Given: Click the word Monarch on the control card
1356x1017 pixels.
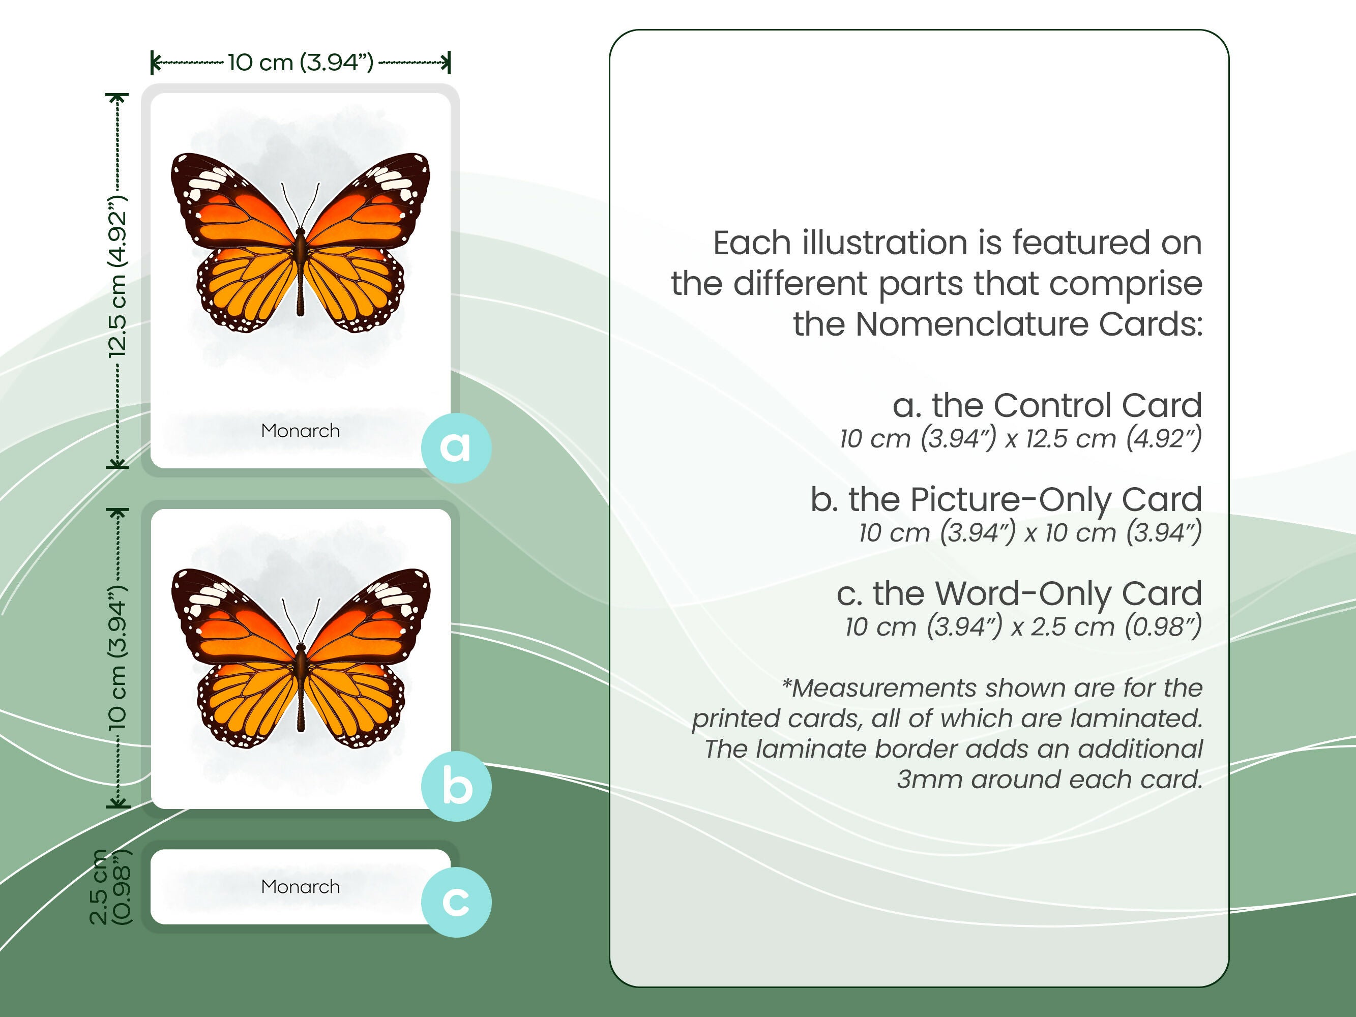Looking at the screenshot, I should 301,431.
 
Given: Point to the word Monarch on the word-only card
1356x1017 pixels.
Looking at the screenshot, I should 301,886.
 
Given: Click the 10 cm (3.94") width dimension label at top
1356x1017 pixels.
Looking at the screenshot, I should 301,62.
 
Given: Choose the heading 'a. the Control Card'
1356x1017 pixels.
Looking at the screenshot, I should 1046,405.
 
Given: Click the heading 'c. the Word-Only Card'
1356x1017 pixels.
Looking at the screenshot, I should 1019,593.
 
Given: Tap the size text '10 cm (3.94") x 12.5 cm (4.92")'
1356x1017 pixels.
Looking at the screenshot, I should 1020,438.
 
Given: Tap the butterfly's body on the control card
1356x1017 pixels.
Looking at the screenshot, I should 301,270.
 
